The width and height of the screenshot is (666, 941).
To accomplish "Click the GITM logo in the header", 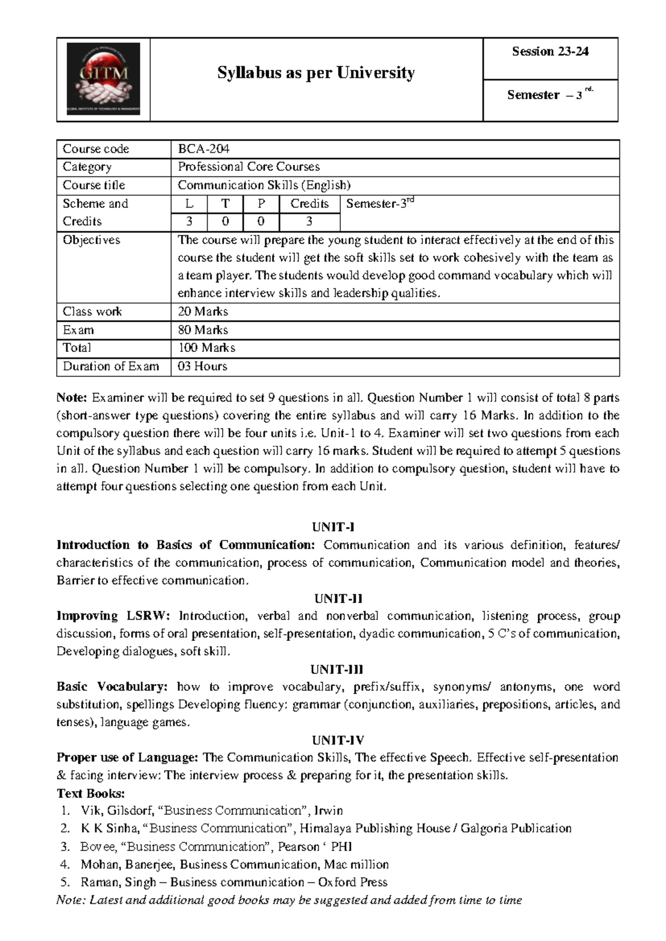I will pos(103,79).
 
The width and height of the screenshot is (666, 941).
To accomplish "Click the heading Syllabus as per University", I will pos(316,73).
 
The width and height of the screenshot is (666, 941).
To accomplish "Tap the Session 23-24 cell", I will pos(550,52).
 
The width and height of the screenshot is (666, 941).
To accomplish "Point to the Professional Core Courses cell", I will pos(249,166).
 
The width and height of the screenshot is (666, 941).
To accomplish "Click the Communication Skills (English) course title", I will pos(264,185).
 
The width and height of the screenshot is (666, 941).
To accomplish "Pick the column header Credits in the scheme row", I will pos(309,204).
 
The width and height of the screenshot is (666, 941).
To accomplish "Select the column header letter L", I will pos(189,204).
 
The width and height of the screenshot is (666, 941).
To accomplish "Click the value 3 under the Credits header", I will pos(309,221).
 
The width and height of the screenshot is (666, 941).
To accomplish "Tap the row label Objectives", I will pos(92,240).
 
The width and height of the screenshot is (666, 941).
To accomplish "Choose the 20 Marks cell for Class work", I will pos(203,311).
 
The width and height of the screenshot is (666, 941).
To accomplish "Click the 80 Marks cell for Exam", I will pos(203,330).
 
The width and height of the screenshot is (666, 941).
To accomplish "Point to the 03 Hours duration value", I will pos(202,366).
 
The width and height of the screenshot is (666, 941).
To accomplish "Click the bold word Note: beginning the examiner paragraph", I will pos(72,398).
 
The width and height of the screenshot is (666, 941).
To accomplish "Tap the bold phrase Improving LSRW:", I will pos(115,616).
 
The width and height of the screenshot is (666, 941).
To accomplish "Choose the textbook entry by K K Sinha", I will pos(326,828).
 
